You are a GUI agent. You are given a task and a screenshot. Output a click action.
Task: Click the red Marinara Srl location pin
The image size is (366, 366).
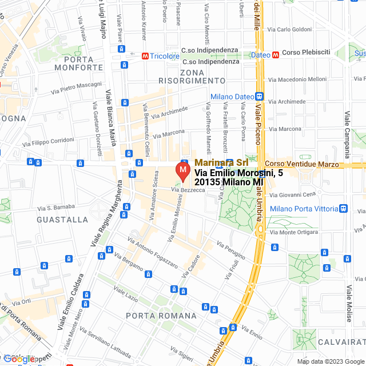coord(182,171)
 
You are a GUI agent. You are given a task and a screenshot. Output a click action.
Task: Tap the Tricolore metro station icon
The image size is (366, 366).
coord(146,56)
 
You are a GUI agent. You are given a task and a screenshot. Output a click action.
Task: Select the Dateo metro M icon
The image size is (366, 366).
coord(276,55)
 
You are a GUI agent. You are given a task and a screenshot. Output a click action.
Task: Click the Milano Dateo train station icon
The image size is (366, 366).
coord(259,97)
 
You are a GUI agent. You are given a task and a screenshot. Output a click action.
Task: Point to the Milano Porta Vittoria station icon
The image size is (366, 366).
coord(343,208)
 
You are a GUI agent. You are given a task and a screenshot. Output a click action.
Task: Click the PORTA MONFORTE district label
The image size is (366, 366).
coord(74,63)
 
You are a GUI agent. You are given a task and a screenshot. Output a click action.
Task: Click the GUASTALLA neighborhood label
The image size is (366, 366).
coord(62,220)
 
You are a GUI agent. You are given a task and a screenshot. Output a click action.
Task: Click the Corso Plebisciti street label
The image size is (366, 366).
coord(306,52)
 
